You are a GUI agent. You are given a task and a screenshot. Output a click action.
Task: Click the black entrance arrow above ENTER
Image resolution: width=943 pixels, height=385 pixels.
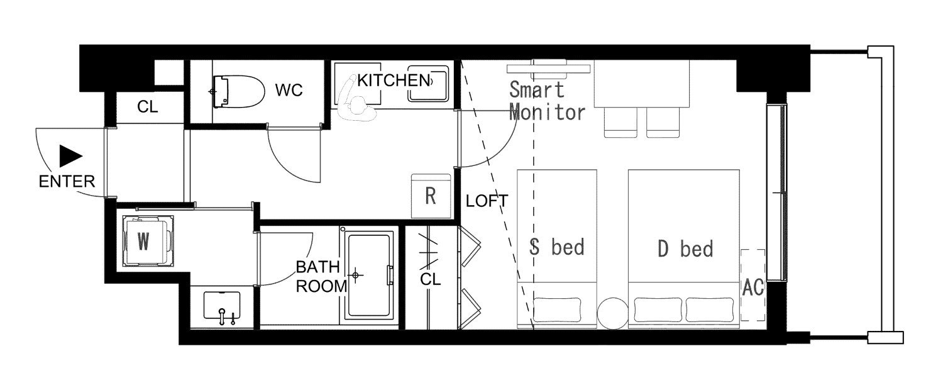pyautogui.click(x=70, y=156)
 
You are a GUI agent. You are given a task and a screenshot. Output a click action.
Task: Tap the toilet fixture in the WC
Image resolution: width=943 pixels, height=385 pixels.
pyautogui.click(x=238, y=91)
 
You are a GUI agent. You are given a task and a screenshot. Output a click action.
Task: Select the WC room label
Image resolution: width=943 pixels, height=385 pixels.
pyautogui.click(x=289, y=90)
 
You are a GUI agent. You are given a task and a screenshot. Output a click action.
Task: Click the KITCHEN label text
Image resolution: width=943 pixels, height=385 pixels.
pyautogui.click(x=394, y=81)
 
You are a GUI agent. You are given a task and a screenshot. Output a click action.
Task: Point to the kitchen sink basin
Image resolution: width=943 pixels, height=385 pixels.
pyautogui.click(x=427, y=84)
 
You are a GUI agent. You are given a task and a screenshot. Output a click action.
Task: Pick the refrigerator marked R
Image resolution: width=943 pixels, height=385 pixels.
pyautogui.click(x=431, y=196)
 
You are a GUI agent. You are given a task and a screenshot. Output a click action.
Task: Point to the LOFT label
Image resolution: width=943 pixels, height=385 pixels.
pyautogui.click(x=487, y=201)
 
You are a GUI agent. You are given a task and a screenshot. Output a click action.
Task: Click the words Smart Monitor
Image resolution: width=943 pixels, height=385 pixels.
pyautogui.click(x=546, y=101)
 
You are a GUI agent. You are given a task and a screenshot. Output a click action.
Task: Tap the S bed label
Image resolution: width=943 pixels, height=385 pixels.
pyautogui.click(x=557, y=247)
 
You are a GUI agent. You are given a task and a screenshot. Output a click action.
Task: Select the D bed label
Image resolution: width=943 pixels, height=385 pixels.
pyautogui.click(x=685, y=248)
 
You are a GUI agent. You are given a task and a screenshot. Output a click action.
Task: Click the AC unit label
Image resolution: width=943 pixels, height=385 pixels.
pyautogui.click(x=753, y=287)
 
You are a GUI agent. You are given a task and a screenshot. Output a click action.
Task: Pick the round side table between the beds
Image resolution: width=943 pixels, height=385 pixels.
pyautogui.click(x=612, y=313)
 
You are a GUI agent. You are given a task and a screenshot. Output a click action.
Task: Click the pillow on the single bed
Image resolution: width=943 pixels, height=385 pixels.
pyautogui.click(x=557, y=310)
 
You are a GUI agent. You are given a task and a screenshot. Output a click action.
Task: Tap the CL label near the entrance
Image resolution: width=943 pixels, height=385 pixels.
pyautogui.click(x=147, y=107)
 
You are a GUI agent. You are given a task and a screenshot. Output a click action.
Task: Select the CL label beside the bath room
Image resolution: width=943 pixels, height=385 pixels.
pyautogui.click(x=430, y=279)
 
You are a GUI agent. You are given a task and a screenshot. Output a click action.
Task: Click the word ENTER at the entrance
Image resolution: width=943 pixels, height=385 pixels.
pyautogui.click(x=67, y=182)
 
